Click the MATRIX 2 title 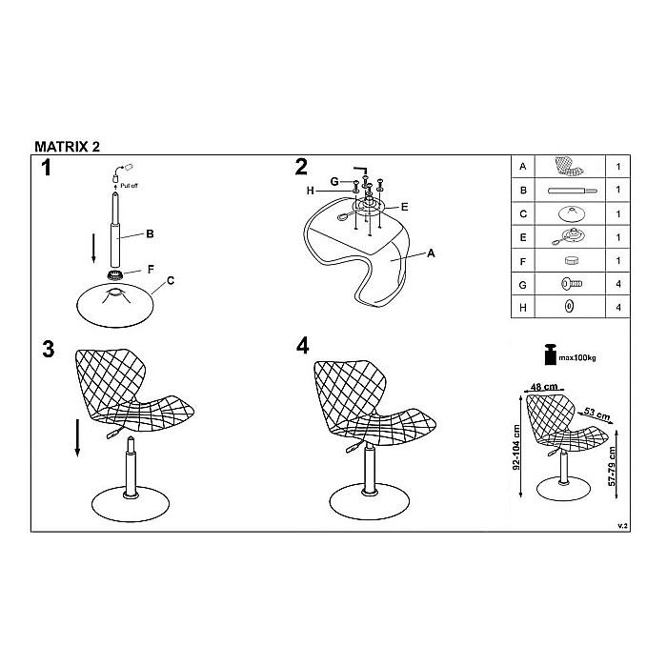tap(68, 147)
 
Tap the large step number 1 tap(46, 168)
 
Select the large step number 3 tap(48, 349)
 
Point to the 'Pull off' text tap(129, 186)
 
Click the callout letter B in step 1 tap(150, 233)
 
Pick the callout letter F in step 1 tap(151, 270)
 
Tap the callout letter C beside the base tap(171, 281)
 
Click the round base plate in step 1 tap(115, 305)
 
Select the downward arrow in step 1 tap(93, 248)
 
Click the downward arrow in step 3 tap(77, 437)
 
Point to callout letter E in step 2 tap(405, 207)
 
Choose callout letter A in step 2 tap(431, 253)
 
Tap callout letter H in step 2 tap(310, 191)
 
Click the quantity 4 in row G tap(618, 284)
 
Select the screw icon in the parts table tap(572, 283)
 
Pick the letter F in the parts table tap(523, 261)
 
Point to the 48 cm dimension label tap(544, 387)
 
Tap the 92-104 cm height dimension tap(516, 447)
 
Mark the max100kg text tap(577, 357)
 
